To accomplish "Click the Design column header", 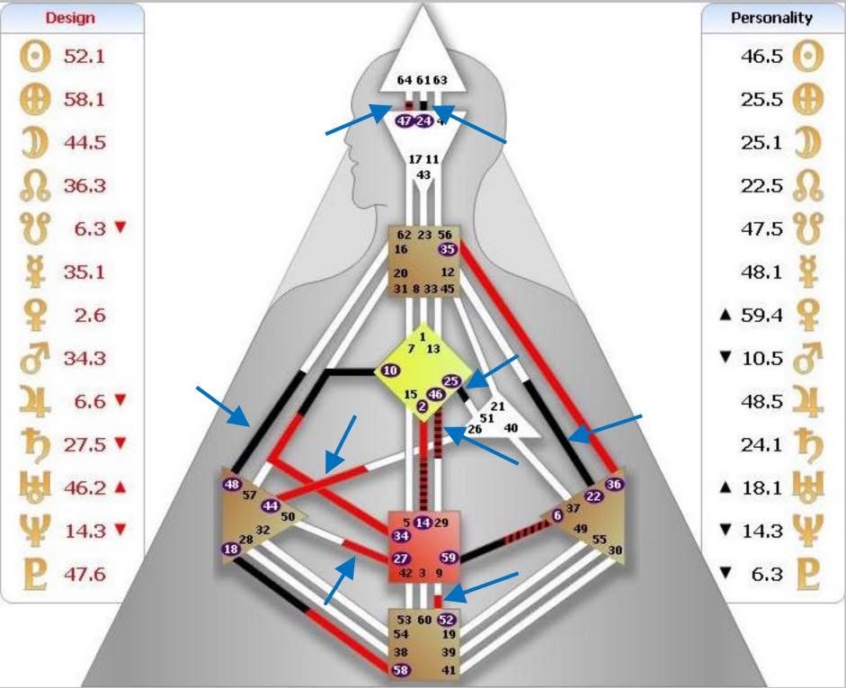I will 70,17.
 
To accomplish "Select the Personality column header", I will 772,17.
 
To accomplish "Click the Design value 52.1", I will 85,56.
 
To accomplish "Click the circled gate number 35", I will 447,249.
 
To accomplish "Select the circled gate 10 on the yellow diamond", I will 390,370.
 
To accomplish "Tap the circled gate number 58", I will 402,670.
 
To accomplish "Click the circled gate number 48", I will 233,485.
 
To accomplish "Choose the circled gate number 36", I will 615,484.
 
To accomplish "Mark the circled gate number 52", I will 447,620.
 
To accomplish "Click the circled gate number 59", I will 449,558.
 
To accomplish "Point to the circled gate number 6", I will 557,515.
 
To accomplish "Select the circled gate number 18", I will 231,550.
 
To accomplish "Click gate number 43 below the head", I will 423,174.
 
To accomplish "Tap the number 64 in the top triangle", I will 405,80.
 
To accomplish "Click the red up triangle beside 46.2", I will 120,487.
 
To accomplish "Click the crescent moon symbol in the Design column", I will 36,142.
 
